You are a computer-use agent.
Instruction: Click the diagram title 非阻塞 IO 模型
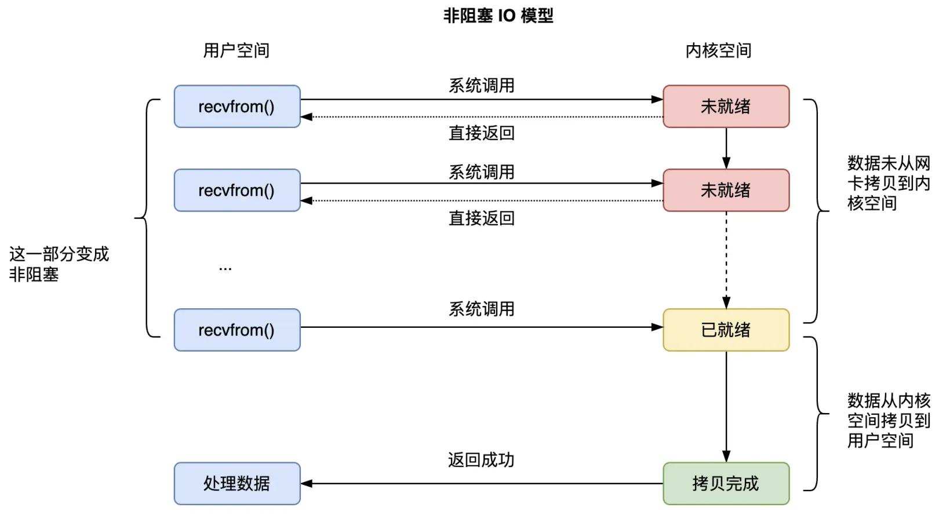[498, 16]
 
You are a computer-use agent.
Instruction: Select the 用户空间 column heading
[236, 51]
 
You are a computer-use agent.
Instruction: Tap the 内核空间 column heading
[718, 51]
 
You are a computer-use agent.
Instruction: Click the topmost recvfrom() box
[237, 107]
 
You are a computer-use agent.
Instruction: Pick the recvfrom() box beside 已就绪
[237, 330]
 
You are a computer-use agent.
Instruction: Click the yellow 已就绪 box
[726, 330]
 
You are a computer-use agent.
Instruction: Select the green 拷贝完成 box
[726, 484]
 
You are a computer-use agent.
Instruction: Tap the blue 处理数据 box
[237, 484]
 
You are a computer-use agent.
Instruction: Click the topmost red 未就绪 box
[726, 107]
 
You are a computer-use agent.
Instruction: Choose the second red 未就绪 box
[726, 191]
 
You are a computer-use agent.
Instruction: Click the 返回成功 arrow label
[481, 460]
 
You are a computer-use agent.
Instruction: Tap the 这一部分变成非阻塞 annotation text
[59, 264]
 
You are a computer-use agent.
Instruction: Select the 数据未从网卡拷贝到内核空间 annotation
[888, 183]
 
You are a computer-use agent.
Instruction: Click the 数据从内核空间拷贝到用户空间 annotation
[888, 421]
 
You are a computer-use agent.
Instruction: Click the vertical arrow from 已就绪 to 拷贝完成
[726, 406]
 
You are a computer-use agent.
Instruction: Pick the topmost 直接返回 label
[481, 133]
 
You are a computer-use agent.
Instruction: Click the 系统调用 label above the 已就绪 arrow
[481, 309]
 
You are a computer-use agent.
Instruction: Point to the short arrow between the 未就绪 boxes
[726, 148]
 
